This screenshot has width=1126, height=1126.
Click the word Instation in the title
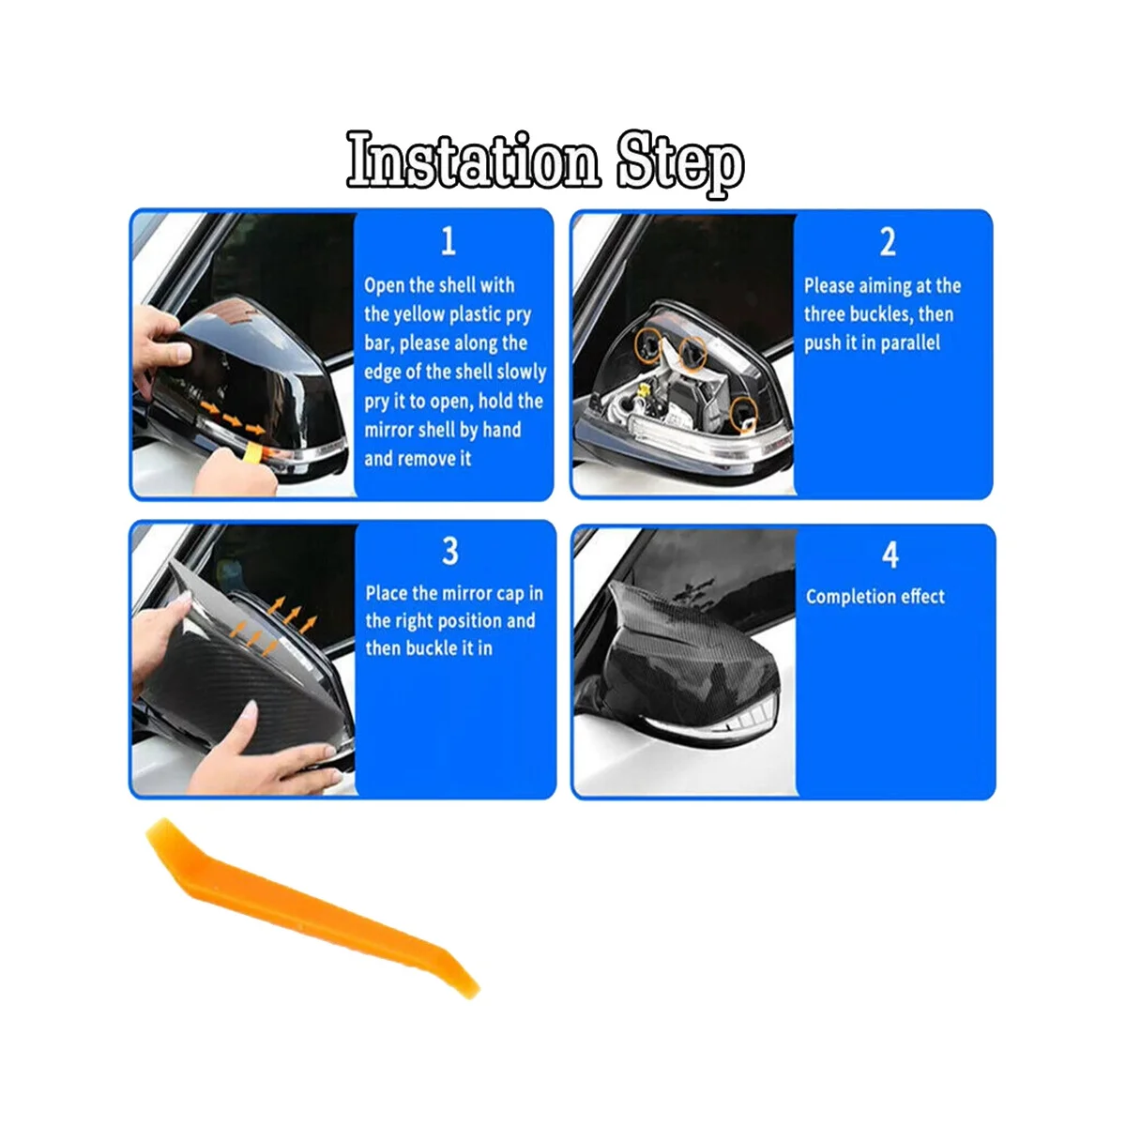473,160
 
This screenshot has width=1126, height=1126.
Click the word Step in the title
680,163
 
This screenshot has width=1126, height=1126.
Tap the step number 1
449,241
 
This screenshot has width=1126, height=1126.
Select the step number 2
888,241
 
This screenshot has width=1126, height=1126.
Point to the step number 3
450,551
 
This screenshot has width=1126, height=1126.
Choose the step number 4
890,555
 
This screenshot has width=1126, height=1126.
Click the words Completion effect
875,597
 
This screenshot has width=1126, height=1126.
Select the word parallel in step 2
910,343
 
